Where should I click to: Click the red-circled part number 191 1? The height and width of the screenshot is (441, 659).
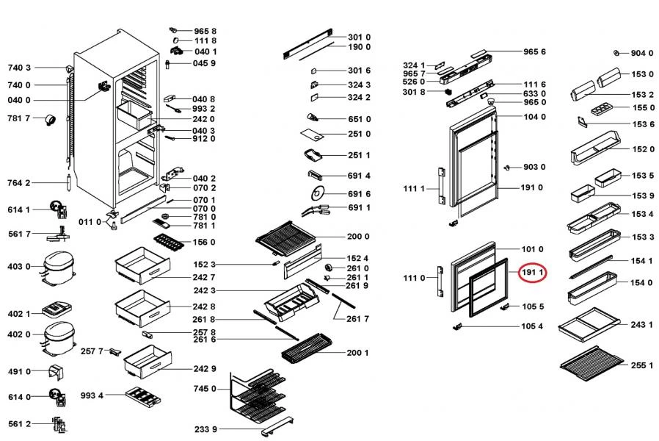[x=531, y=272]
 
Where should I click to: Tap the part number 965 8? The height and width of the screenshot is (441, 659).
[x=205, y=32]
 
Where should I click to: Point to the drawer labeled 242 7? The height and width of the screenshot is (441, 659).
[x=138, y=265]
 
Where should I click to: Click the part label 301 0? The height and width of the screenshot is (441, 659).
[x=359, y=37]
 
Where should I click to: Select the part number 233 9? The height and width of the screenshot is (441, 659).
[x=205, y=429]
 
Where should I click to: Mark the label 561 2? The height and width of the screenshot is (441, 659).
[x=19, y=423]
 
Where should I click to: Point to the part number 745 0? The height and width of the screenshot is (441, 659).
[x=205, y=389]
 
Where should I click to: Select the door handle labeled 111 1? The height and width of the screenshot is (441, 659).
[x=441, y=187]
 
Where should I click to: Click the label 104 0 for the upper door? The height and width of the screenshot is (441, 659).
[x=534, y=118]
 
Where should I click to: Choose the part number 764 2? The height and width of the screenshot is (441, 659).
[x=19, y=182]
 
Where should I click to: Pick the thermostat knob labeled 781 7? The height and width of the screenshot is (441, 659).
[x=51, y=120]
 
